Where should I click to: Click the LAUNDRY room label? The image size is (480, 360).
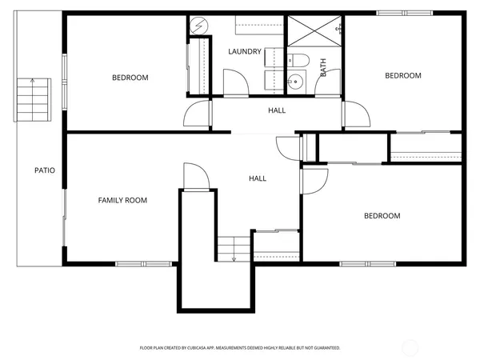click(x=245, y=52)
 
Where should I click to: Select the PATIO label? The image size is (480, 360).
click(x=44, y=170)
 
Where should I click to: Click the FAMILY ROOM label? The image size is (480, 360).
click(x=122, y=200)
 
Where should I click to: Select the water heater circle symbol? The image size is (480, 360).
click(x=198, y=26)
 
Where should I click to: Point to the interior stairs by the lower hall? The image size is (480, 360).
click(x=234, y=248)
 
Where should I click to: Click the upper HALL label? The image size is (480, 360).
click(x=277, y=110)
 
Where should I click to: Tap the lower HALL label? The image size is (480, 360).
click(x=258, y=178)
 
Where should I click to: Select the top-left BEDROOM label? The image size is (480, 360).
click(x=130, y=78)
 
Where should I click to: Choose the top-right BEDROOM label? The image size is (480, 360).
click(x=402, y=76)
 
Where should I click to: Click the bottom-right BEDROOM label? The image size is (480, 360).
click(x=382, y=216)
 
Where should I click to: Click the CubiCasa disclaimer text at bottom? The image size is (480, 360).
click(x=240, y=348)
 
